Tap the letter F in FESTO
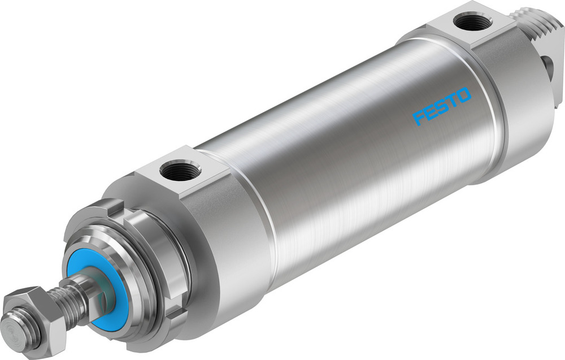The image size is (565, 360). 420,118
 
